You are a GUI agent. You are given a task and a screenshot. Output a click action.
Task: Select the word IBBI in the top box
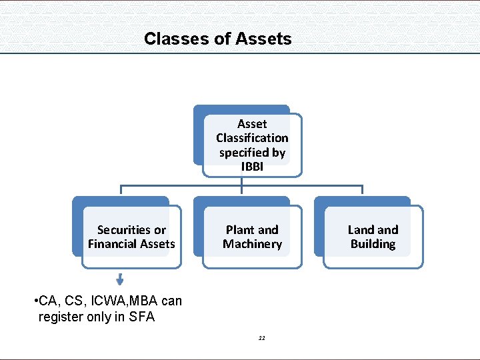point(252,167)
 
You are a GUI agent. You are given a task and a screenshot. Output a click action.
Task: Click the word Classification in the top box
point(252,138)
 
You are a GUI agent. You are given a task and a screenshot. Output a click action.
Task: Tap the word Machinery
point(252,244)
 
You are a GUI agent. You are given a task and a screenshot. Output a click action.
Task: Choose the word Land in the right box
point(360,230)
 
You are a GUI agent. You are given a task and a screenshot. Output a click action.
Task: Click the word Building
point(373,244)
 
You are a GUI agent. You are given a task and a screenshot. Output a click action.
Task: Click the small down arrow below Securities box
point(120,279)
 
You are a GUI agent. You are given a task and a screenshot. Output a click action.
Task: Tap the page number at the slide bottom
point(262,339)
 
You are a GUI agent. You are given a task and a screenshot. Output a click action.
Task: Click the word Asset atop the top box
point(252,124)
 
